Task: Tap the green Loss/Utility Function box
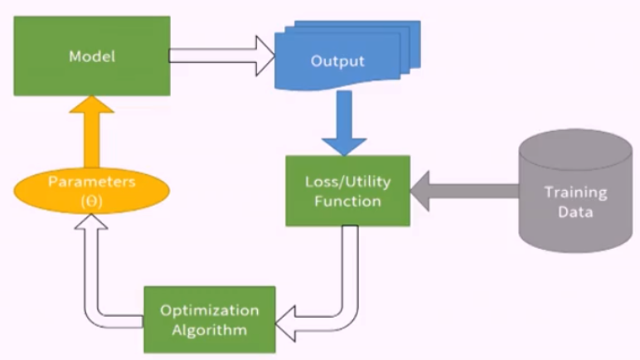(x=347, y=190)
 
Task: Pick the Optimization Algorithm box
(x=209, y=320)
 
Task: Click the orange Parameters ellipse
(x=91, y=191)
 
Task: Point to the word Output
(x=337, y=61)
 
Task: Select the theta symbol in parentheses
(x=92, y=200)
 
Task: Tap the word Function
(x=347, y=201)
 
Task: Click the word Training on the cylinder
(x=575, y=192)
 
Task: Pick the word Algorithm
(x=209, y=330)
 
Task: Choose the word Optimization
(x=209, y=310)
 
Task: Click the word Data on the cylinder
(x=575, y=212)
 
